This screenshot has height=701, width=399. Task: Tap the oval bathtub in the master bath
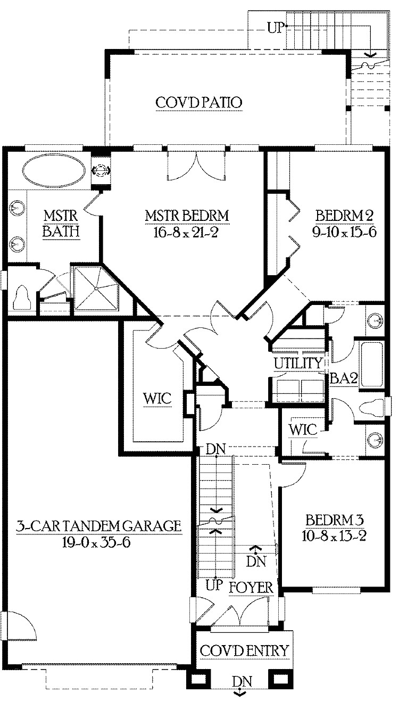click(53, 170)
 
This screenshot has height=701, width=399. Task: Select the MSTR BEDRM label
click(187, 216)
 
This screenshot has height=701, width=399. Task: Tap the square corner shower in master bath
click(96, 288)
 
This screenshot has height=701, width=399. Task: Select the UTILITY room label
click(298, 364)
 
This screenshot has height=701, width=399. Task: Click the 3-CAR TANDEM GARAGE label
click(99, 527)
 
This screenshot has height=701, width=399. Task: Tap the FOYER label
click(251, 588)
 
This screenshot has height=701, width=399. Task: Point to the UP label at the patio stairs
click(276, 28)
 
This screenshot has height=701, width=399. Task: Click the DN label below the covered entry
click(242, 682)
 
